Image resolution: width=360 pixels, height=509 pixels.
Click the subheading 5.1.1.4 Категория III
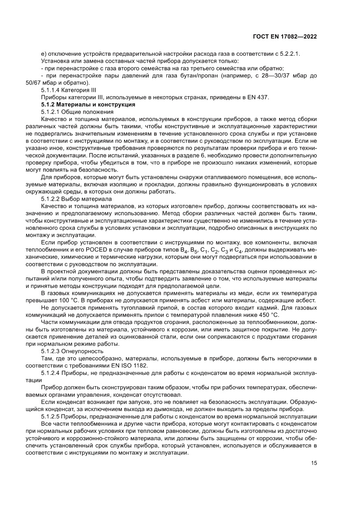pos(68,90)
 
